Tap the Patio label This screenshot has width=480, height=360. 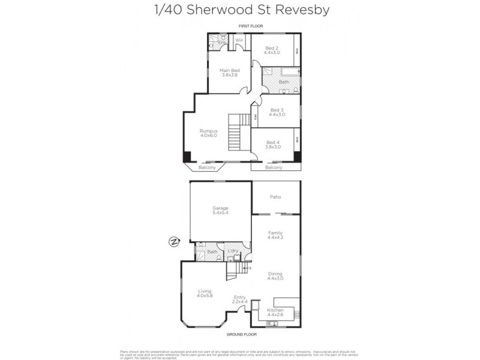tap(275, 197)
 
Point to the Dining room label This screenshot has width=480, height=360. tap(275, 275)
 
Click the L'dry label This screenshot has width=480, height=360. tap(233, 250)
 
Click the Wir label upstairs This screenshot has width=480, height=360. tap(239, 40)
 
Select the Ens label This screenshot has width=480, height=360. tap(221, 43)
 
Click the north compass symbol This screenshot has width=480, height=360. tap(174, 242)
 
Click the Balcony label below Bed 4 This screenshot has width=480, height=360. tap(274, 167)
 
